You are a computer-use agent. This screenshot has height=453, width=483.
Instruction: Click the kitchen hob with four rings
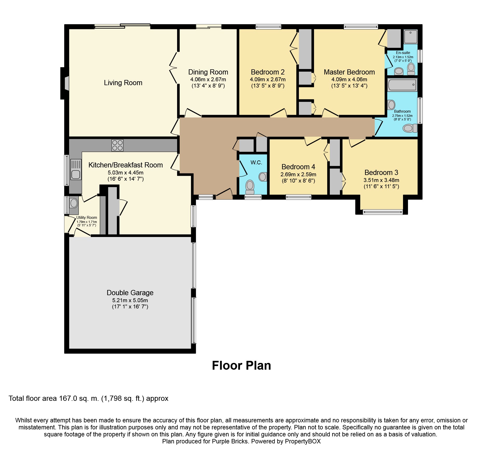(x=117, y=145)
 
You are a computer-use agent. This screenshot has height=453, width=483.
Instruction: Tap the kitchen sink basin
(x=76, y=174)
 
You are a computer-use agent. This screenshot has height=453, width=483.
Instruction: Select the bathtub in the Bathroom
(x=402, y=85)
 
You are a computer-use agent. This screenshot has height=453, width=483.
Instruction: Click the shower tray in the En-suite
(x=411, y=37)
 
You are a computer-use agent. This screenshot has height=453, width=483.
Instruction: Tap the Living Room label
(x=123, y=83)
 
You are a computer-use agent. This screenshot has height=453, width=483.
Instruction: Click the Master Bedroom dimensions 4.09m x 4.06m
(x=349, y=80)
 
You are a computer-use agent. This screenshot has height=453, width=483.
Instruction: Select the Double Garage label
(x=130, y=293)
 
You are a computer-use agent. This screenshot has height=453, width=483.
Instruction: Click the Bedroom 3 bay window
(x=383, y=212)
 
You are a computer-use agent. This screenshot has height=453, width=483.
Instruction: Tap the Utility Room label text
(x=86, y=218)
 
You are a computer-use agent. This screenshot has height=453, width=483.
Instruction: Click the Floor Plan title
(x=241, y=366)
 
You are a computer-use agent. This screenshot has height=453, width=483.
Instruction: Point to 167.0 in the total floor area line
(x=68, y=398)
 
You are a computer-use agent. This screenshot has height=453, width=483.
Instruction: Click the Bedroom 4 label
(x=298, y=167)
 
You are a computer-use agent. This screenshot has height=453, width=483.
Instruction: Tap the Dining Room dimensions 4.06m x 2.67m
(x=208, y=80)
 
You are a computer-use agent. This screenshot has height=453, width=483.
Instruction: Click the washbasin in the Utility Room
(x=74, y=203)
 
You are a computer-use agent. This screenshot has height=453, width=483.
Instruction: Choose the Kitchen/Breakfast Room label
(x=125, y=165)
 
